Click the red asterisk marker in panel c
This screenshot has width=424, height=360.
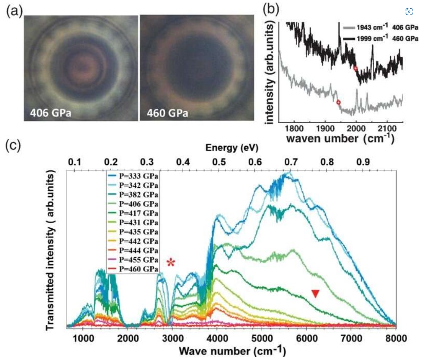coord(172,262)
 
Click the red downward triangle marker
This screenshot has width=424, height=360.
coord(315,293)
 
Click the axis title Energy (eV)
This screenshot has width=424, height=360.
coord(225,148)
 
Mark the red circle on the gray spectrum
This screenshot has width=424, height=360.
coord(338,102)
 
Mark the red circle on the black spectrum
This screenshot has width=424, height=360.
coord(355,68)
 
